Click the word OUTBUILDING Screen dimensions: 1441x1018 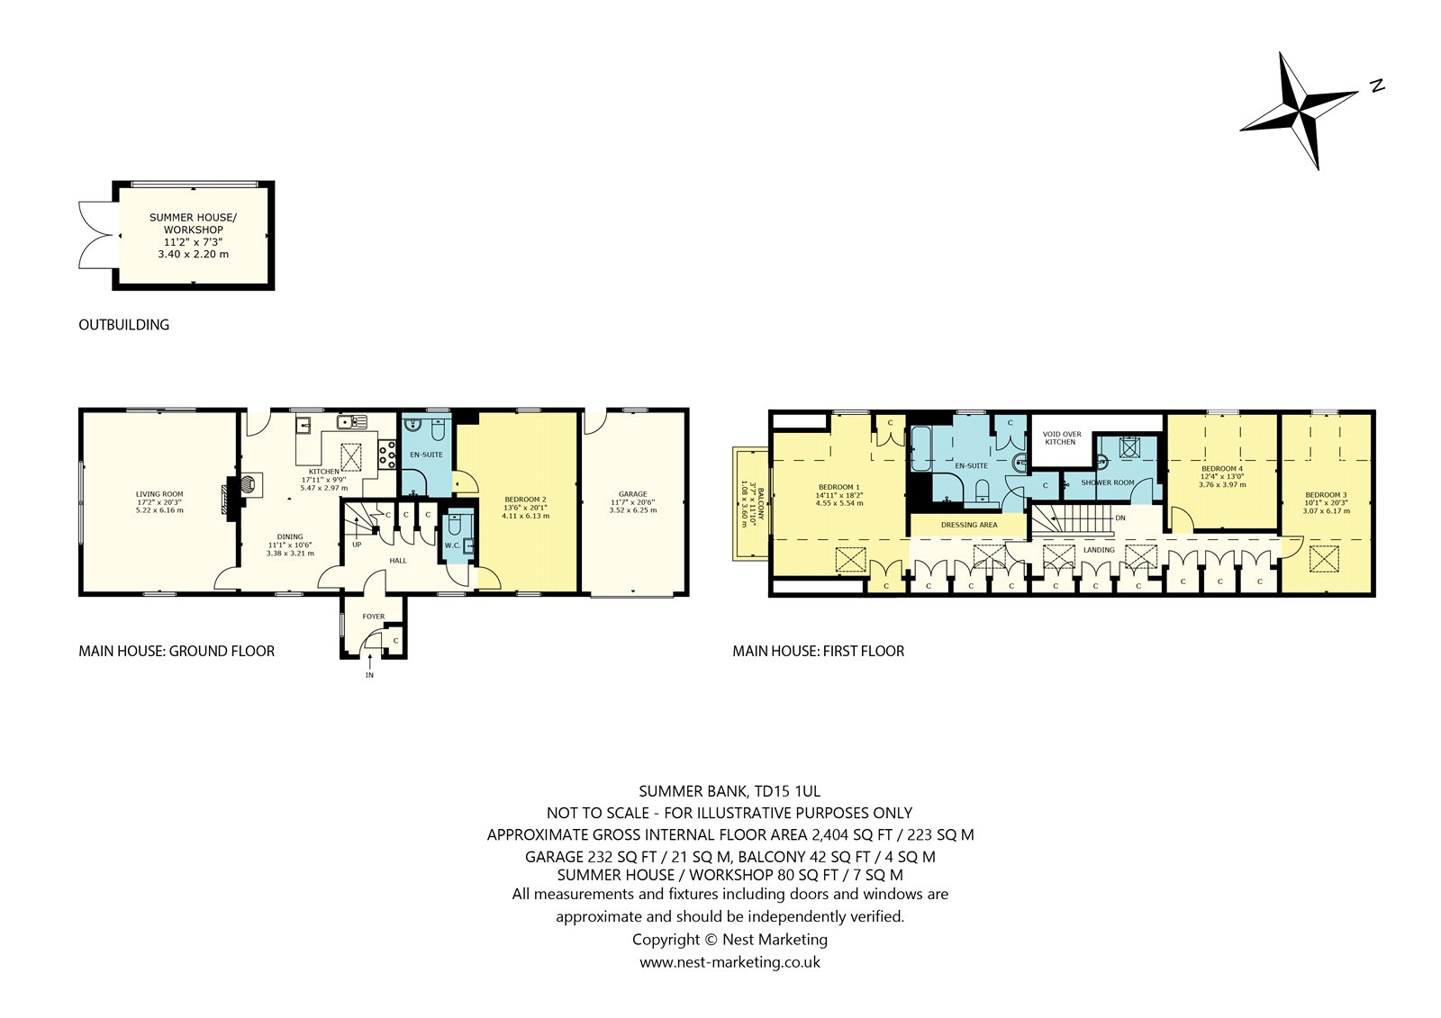(x=123, y=325)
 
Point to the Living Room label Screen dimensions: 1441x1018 (x=159, y=494)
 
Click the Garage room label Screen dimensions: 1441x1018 (x=633, y=494)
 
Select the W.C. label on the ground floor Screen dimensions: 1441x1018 (x=452, y=545)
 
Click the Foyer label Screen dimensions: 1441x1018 (x=374, y=616)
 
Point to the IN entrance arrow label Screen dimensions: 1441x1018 (x=369, y=675)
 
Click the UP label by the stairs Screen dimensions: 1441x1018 (x=357, y=545)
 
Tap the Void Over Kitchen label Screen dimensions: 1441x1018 (x=1062, y=438)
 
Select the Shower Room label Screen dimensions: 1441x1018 (x=1108, y=482)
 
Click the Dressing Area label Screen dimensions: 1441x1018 (x=969, y=525)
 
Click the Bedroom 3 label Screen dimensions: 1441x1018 (x=1326, y=494)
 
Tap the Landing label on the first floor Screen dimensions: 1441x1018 (x=1099, y=550)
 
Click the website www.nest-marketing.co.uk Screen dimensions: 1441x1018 (x=730, y=962)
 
